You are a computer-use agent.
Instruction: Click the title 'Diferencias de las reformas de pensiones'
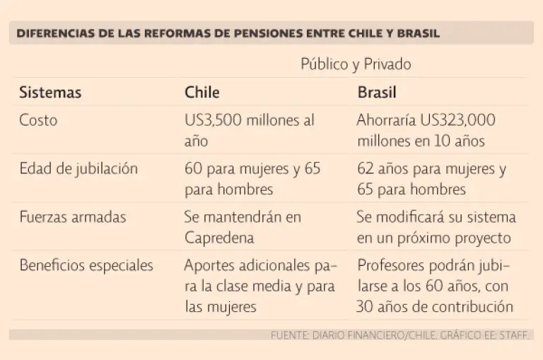[x=228, y=33]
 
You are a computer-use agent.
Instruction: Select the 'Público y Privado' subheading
[x=356, y=64]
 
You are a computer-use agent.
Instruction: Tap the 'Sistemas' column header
[x=50, y=93]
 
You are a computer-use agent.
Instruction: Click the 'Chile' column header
[x=202, y=93]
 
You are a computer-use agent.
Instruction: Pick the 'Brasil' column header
[x=377, y=93]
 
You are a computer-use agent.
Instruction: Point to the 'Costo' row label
[x=38, y=120]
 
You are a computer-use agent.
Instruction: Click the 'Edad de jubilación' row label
[x=78, y=169]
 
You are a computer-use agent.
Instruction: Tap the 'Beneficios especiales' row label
[x=86, y=266]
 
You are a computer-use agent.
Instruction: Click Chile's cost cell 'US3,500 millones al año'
[x=250, y=130]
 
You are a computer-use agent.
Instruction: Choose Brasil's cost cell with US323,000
[x=426, y=130]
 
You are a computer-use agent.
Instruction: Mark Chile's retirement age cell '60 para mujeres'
[x=252, y=179]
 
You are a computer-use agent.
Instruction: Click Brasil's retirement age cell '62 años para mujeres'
[x=431, y=179]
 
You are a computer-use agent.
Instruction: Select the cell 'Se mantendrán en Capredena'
[x=243, y=227]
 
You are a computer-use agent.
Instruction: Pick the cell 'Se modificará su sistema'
[x=436, y=227]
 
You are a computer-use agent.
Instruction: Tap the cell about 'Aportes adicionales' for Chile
[x=259, y=286]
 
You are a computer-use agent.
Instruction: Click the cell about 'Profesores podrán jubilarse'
[x=435, y=286]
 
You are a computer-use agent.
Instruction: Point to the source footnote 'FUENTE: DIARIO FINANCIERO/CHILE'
[x=399, y=335]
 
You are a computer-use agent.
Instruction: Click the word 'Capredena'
[x=218, y=238]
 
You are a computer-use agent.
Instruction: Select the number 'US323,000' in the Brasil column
[x=457, y=120]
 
